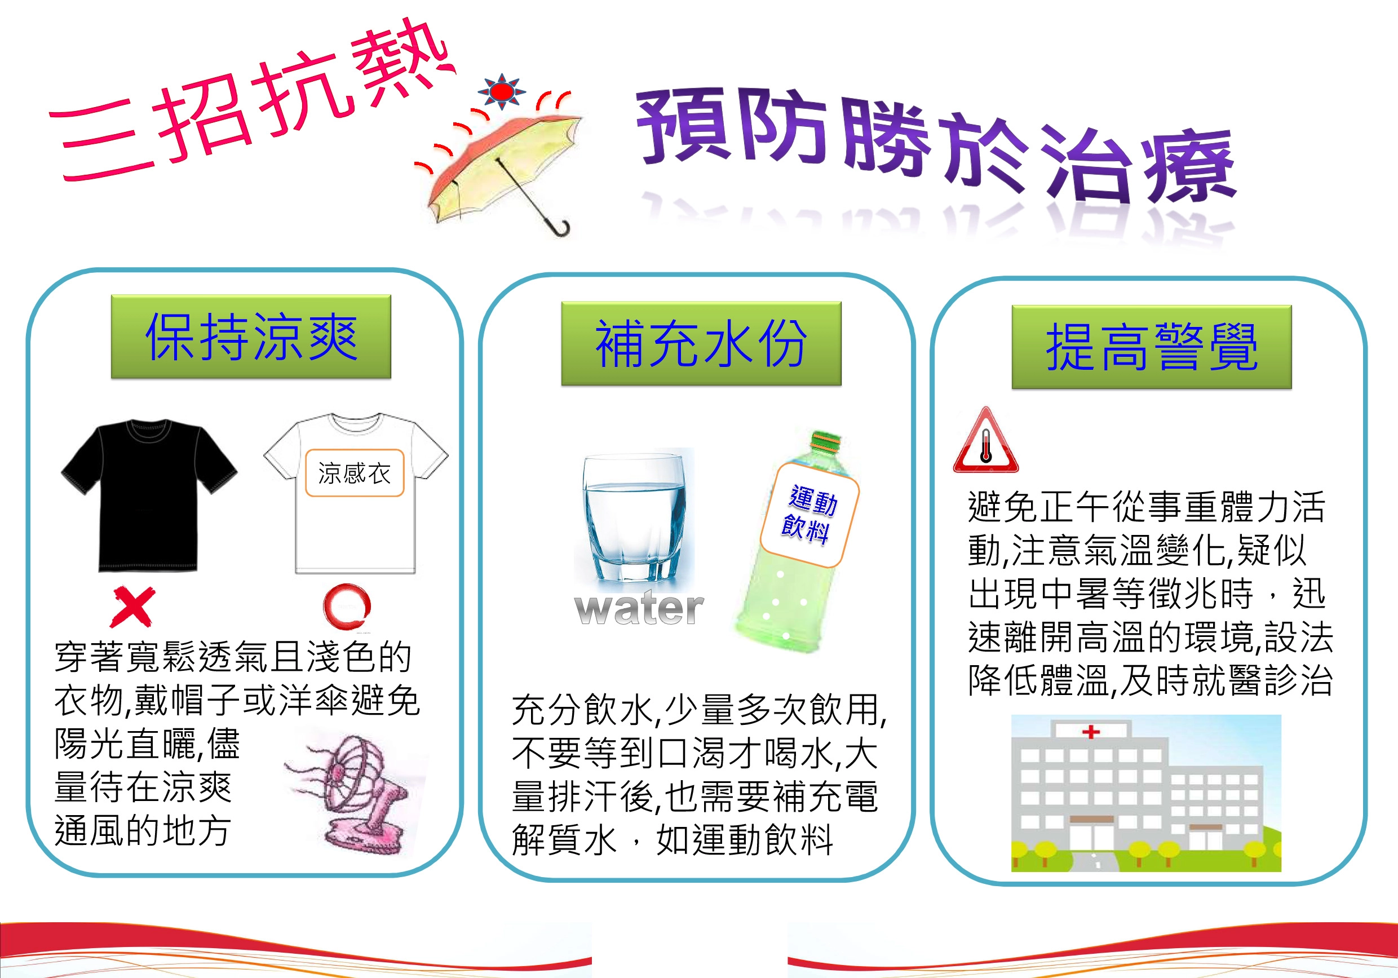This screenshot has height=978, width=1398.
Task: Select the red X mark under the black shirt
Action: (x=132, y=607)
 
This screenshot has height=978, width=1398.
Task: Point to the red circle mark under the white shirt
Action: (x=347, y=607)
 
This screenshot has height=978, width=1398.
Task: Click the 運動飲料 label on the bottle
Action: (x=810, y=515)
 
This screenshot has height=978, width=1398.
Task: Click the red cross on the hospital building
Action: (x=1091, y=731)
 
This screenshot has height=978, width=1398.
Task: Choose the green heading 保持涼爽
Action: (x=251, y=337)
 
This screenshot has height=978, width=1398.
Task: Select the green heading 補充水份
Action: (x=701, y=343)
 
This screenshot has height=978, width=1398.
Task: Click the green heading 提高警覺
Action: (x=1152, y=347)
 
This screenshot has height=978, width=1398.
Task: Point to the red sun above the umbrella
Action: (x=502, y=92)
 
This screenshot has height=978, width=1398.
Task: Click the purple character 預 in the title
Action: (x=683, y=126)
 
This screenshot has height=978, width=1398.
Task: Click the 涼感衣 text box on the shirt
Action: (x=355, y=473)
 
